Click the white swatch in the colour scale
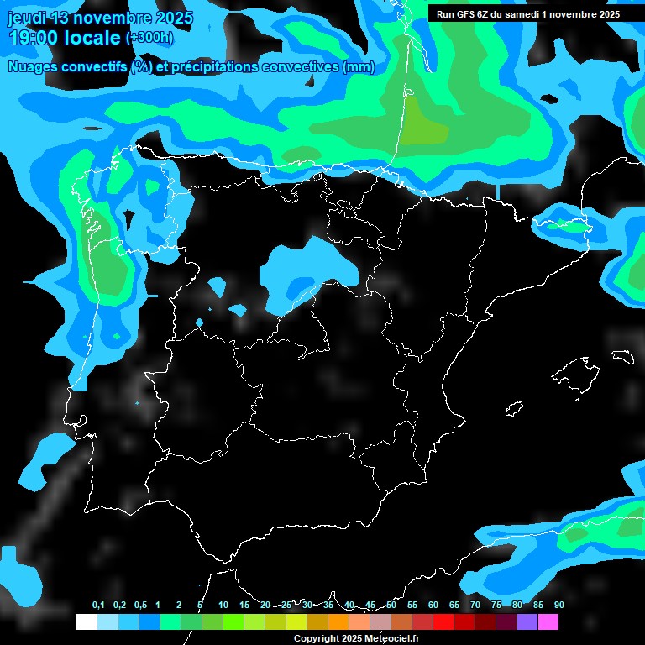(86, 621)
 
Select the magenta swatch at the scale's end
(548, 621)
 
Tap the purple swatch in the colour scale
(527, 621)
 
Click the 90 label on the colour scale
(559, 605)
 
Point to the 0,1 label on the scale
(98, 605)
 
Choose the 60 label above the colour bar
(433, 605)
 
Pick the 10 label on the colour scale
(223, 605)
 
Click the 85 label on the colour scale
(538, 605)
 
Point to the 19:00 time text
(34, 39)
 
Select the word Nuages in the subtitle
(31, 67)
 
